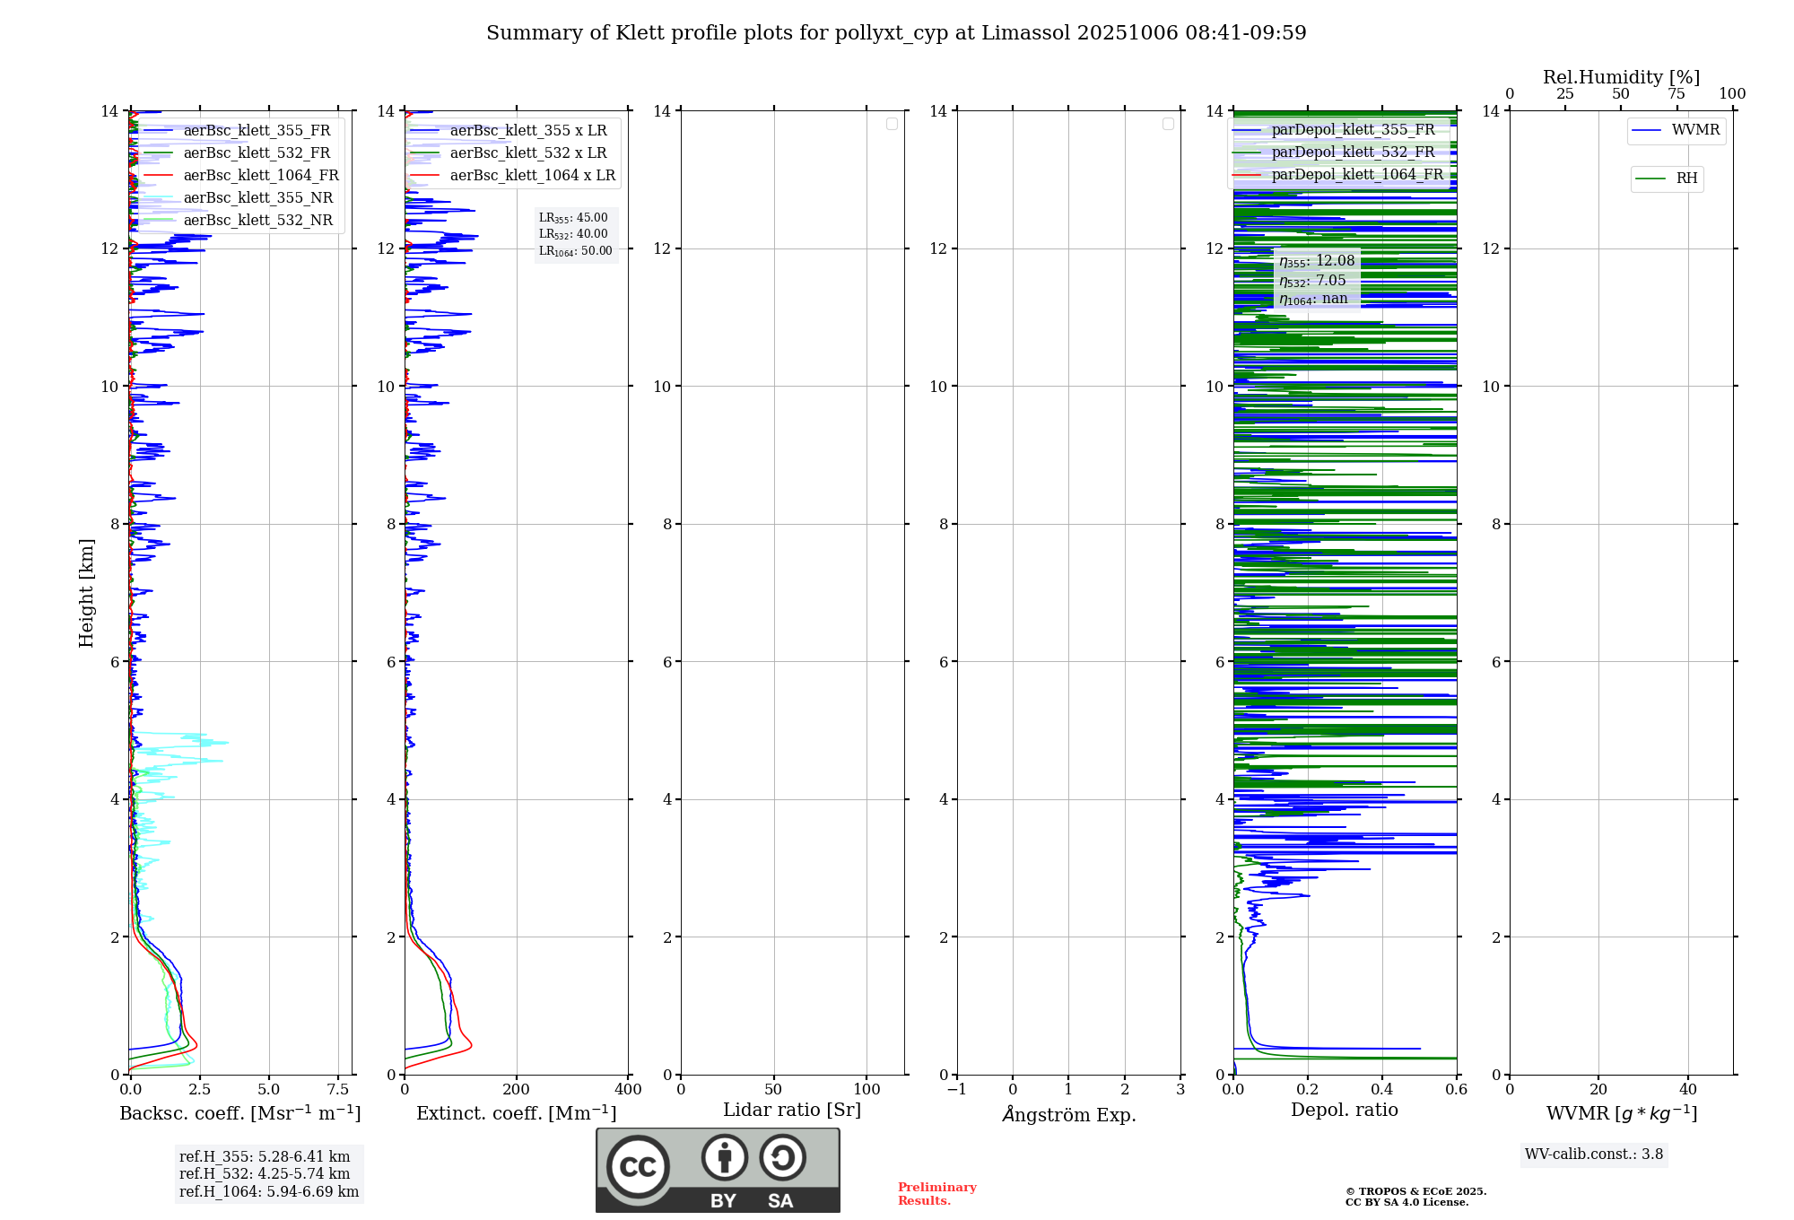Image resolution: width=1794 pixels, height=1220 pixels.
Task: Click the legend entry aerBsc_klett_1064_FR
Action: tap(260, 176)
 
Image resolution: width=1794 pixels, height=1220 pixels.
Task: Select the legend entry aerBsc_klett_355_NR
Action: tap(257, 198)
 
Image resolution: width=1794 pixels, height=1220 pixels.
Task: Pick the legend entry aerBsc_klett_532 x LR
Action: tap(527, 153)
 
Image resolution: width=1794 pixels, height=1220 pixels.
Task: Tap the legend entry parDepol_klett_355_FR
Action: tap(1353, 130)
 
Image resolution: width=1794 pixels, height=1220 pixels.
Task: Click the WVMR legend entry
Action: tap(1694, 130)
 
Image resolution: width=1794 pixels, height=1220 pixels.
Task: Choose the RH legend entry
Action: tap(1686, 179)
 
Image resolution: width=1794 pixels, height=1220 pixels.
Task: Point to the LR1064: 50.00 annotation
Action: tap(575, 251)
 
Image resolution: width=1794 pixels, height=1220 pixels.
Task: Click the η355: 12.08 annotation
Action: tap(1317, 261)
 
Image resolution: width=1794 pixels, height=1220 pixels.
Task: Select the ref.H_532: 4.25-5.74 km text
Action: tap(265, 1173)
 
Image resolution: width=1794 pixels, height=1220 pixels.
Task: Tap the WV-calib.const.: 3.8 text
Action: tap(1594, 1155)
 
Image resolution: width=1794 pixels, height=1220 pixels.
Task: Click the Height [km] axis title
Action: tap(86, 593)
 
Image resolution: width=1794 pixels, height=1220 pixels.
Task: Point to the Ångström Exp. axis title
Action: tap(1068, 1114)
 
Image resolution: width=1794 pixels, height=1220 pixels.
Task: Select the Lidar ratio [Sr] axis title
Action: tap(792, 1111)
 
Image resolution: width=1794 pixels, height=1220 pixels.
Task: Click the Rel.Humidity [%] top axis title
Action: tap(1621, 77)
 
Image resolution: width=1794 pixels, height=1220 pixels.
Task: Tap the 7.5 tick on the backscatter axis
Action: tap(338, 1089)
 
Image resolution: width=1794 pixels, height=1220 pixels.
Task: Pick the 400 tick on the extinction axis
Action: tap(628, 1089)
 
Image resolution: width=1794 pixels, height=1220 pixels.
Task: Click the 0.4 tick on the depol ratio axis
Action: tap(1382, 1089)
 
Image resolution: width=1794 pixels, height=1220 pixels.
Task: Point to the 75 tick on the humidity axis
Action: tap(1676, 94)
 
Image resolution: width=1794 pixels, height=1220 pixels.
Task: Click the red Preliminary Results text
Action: tap(936, 1194)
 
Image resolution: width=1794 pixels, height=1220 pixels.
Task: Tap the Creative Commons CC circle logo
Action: tap(638, 1167)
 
